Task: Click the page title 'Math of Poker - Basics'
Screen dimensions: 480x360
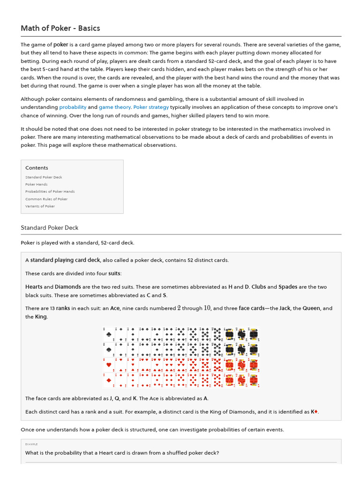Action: click(60, 28)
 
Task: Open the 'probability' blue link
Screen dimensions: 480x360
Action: click(73, 107)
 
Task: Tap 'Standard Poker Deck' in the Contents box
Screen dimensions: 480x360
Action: click(44, 177)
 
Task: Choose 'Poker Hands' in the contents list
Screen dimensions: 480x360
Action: click(37, 184)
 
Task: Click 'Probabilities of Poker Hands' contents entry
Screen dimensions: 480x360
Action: click(50, 192)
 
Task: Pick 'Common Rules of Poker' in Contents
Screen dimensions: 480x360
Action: click(46, 199)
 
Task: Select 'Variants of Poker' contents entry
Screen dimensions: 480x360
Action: click(40, 206)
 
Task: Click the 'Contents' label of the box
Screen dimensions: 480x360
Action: click(37, 168)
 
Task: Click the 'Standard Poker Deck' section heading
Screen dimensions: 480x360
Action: click(49, 228)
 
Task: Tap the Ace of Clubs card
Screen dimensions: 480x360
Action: click(109, 335)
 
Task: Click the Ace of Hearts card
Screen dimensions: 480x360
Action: click(109, 365)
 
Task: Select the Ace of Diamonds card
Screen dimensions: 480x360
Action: click(109, 380)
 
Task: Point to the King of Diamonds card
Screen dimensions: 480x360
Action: click(254, 380)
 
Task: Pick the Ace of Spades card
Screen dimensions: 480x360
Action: click(109, 350)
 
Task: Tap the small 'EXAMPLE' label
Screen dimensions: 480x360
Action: click(31, 444)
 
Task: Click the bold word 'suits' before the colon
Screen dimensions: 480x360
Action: click(114, 273)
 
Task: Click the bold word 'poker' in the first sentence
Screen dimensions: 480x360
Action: click(61, 45)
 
